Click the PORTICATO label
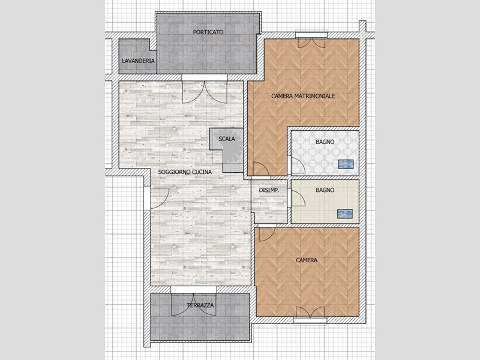pyautogui.click(x=209, y=32)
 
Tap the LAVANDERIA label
pyautogui.click(x=138, y=61)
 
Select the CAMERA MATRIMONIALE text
pyautogui.click(x=303, y=96)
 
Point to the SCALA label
pyautogui.click(x=227, y=139)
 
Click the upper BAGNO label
pyautogui.click(x=325, y=142)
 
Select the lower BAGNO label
pyautogui.click(x=325, y=190)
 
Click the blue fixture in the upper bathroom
pyautogui.click(x=346, y=164)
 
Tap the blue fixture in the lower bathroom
pyautogui.click(x=344, y=213)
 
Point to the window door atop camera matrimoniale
pyautogui.click(x=313, y=42)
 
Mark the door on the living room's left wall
pyautogui.click(x=156, y=194)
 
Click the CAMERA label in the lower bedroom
pyautogui.click(x=307, y=260)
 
